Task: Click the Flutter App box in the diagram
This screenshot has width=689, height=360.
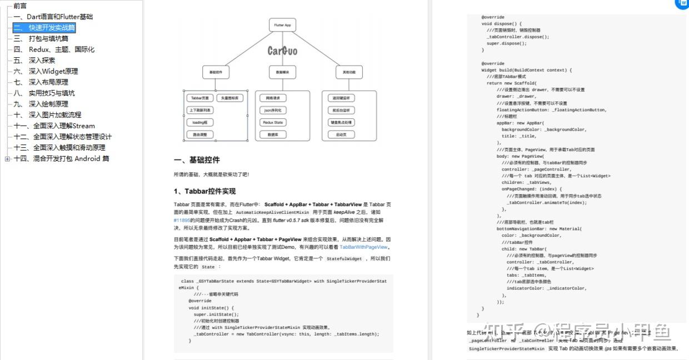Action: point(282,25)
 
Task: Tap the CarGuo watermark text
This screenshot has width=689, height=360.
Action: point(282,51)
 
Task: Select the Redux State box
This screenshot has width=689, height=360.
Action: point(272,122)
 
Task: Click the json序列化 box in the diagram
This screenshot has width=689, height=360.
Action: point(272,110)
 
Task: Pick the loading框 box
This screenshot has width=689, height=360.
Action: point(199,122)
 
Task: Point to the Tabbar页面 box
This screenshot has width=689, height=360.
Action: point(199,98)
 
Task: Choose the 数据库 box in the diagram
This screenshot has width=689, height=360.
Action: point(272,134)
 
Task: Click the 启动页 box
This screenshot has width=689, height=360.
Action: point(341,134)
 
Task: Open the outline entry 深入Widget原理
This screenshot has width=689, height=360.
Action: point(53,71)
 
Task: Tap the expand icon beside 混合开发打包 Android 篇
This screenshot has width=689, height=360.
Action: point(7,159)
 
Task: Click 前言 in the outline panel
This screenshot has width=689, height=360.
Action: point(20,6)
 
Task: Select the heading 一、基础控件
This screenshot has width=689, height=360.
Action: point(197,160)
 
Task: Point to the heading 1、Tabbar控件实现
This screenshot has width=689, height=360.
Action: point(205,191)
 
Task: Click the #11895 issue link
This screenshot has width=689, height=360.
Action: point(182,220)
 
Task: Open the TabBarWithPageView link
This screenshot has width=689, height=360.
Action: point(364,247)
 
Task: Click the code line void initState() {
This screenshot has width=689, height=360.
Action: point(211,308)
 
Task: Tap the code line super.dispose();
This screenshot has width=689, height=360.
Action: point(506,43)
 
